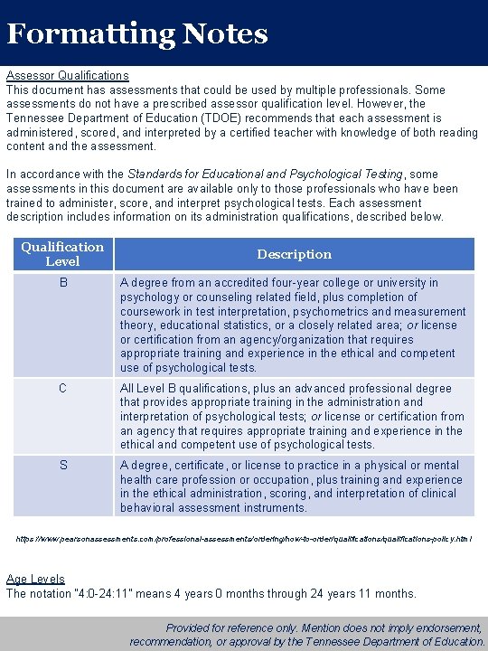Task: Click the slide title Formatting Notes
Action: coord(137,34)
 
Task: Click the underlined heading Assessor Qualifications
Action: coord(68,76)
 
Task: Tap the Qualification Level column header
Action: coord(62,254)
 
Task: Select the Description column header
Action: coord(294,254)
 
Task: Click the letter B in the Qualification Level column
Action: coord(62,283)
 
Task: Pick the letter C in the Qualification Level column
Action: coord(62,389)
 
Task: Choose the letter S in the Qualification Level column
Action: coord(62,466)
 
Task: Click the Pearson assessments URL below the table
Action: coord(244,539)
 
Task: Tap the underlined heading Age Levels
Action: coord(35,580)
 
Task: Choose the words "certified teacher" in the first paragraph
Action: coord(259,118)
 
